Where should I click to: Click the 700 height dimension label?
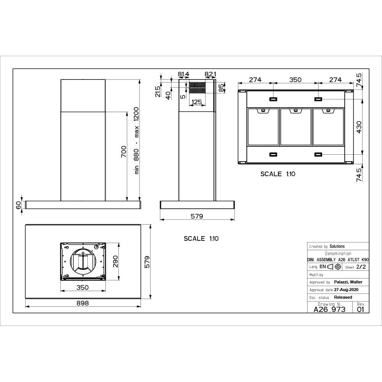124,152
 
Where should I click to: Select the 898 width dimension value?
83,303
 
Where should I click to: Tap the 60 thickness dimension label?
18,206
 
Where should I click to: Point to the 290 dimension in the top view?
115,261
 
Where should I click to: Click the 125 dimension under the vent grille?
197,102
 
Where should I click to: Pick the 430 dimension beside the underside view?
359,127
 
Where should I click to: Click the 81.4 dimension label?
183,74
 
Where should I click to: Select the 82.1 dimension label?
210,74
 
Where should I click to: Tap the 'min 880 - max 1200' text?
136,141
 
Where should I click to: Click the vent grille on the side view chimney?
197,88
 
